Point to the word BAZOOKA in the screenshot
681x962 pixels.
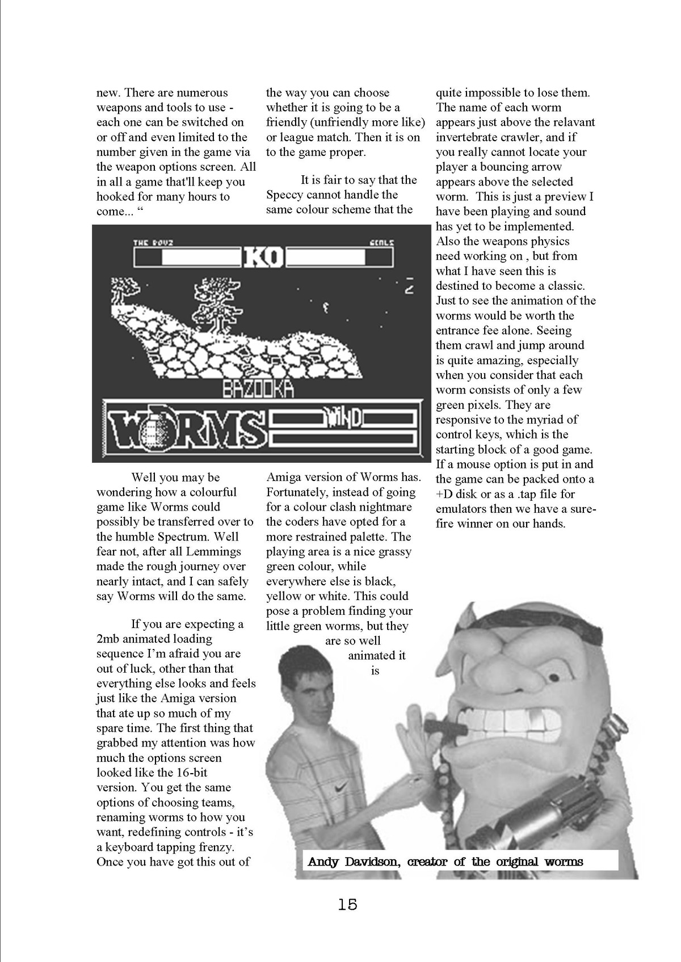tap(258, 389)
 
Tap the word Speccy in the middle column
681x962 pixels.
tap(286, 195)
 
